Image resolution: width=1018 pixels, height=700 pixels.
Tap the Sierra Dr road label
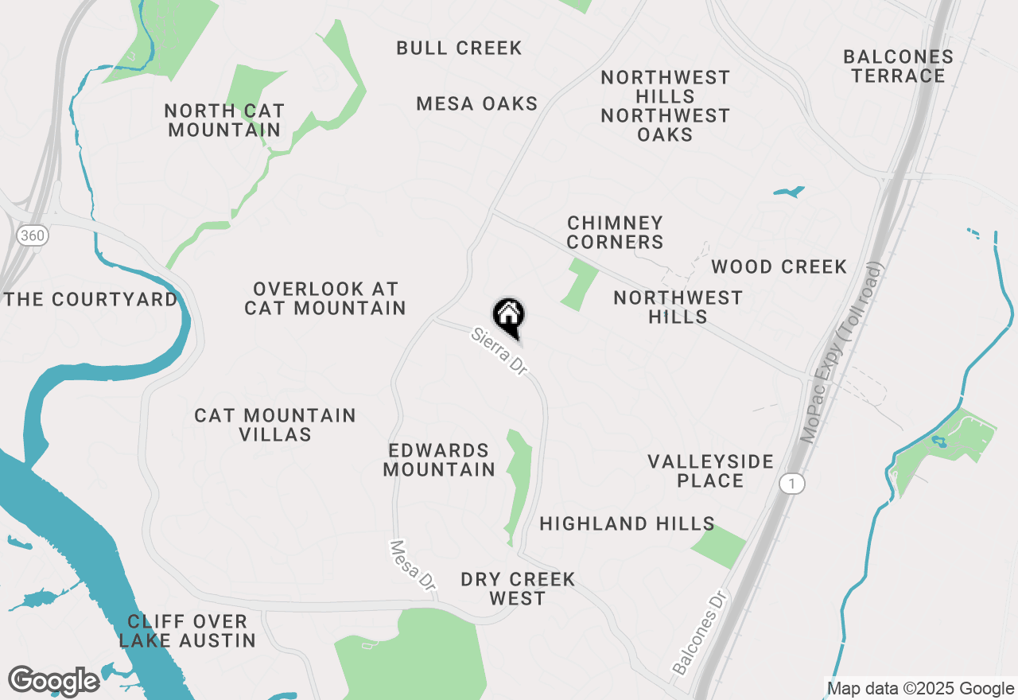pyautogui.click(x=499, y=351)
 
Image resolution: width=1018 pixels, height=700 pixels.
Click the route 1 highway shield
pyautogui.click(x=791, y=483)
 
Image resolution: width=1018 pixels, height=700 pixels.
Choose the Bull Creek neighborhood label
pyautogui.click(x=459, y=49)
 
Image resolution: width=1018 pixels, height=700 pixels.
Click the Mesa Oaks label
pyautogui.click(x=476, y=104)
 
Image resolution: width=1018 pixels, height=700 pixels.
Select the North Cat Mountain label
pyautogui.click(x=224, y=120)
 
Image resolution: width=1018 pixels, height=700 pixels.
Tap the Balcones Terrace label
pyautogui.click(x=898, y=67)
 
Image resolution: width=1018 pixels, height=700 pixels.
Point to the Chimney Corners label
pyautogui.click(x=615, y=232)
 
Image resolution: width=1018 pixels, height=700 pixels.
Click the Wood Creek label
pyautogui.click(x=779, y=267)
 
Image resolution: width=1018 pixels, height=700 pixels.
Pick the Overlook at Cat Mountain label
pyautogui.click(x=325, y=298)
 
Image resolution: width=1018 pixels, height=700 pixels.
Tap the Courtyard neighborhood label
pyautogui.click(x=91, y=300)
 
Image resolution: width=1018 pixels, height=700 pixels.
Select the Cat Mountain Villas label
pyautogui.click(x=275, y=425)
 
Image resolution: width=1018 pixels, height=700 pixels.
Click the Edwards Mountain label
pyautogui.click(x=439, y=460)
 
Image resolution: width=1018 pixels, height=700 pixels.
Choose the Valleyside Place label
pyautogui.click(x=710, y=471)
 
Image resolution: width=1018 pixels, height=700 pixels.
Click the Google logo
pyautogui.click(x=53, y=681)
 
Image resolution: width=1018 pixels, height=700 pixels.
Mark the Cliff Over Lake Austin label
pyautogui.click(x=188, y=631)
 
